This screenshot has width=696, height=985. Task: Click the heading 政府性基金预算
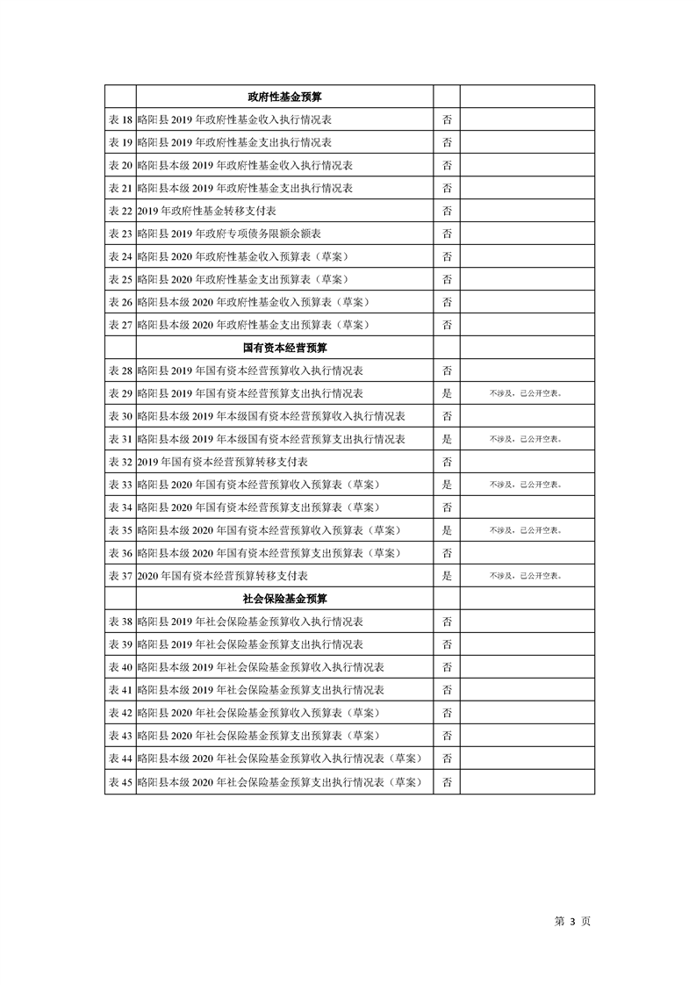click(x=284, y=97)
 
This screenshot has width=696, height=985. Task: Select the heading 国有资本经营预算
click(x=284, y=348)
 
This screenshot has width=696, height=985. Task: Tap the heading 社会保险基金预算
click(x=284, y=599)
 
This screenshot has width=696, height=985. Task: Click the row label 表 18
click(x=120, y=119)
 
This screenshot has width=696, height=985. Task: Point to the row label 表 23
click(x=120, y=234)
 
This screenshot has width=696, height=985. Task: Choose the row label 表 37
click(x=120, y=576)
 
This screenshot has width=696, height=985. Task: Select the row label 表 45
click(x=120, y=781)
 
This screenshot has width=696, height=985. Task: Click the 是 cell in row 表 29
click(x=447, y=393)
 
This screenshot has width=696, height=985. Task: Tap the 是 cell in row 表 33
click(x=447, y=485)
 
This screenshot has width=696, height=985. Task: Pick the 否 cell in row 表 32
click(x=447, y=462)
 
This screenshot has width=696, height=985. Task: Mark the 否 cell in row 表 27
click(x=447, y=325)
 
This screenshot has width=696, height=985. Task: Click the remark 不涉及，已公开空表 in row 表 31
click(x=526, y=439)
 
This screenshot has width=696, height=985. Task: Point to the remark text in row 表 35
click(x=526, y=530)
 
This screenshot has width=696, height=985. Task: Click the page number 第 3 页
click(x=572, y=921)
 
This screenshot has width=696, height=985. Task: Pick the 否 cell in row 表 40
click(x=447, y=667)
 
